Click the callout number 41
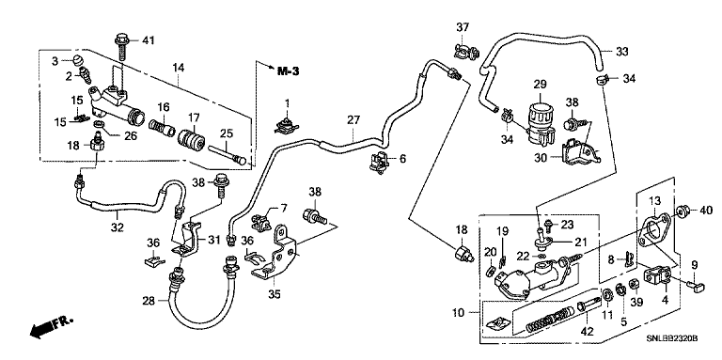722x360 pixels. pyautogui.click(x=148, y=40)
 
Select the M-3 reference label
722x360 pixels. pyautogui.click(x=289, y=71)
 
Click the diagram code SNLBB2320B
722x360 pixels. pyautogui.click(x=671, y=338)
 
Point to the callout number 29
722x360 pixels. pyautogui.click(x=541, y=85)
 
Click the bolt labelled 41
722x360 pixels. pyautogui.click(x=122, y=45)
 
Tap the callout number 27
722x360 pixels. pyautogui.click(x=353, y=120)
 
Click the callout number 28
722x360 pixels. pyautogui.click(x=149, y=301)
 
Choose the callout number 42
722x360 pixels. pyautogui.click(x=587, y=331)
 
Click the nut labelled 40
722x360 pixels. pyautogui.click(x=682, y=211)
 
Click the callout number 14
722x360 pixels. pyautogui.click(x=179, y=68)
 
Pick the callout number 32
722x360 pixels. pyautogui.click(x=118, y=227)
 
